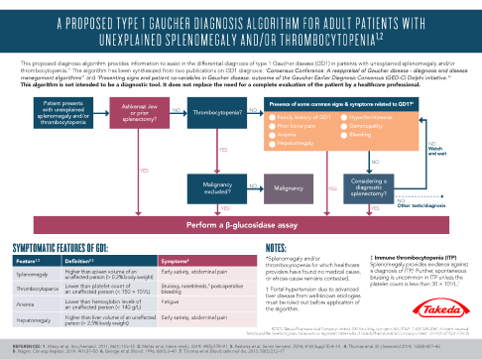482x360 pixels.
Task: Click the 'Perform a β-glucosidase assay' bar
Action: (x=241, y=227)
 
